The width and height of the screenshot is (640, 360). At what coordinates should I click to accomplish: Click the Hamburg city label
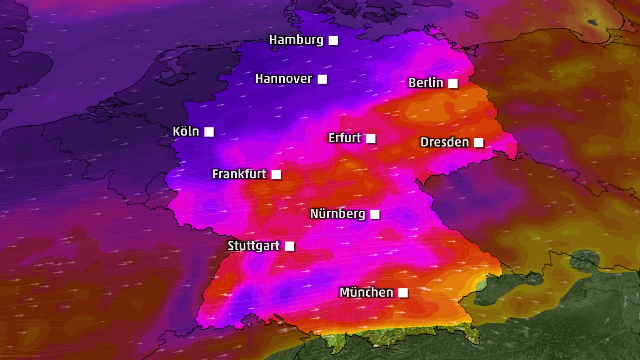(296, 40)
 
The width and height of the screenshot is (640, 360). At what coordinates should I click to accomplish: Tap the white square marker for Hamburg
(333, 40)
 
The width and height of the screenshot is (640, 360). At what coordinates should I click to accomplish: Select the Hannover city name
(283, 79)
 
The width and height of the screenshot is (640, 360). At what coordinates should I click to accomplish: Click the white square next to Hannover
(322, 79)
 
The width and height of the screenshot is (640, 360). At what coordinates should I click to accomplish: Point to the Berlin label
(425, 83)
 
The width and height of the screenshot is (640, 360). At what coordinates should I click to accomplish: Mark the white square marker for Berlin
(453, 83)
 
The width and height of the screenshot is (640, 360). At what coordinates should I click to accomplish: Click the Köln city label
(186, 131)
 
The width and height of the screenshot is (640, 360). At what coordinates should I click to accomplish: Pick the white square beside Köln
(209, 132)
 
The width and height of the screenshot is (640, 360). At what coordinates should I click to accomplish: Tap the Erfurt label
(345, 138)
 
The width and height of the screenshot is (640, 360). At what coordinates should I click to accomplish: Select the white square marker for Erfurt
(371, 138)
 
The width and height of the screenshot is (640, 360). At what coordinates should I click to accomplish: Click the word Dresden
(444, 142)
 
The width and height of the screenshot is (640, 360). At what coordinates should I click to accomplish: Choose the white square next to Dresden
(479, 143)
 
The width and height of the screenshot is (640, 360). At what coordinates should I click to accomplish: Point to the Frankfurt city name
(239, 174)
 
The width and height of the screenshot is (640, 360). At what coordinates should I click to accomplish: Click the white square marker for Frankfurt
(276, 174)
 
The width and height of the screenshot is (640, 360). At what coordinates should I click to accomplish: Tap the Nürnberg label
(337, 214)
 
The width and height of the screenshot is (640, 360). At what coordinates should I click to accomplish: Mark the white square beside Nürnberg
(375, 214)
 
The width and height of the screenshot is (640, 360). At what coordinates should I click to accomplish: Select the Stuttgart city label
(253, 246)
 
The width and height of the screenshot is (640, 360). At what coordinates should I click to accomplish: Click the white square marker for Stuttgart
(290, 246)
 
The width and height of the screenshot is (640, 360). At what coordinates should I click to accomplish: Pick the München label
(366, 292)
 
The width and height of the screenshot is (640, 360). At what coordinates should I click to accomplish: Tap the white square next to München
(403, 293)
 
